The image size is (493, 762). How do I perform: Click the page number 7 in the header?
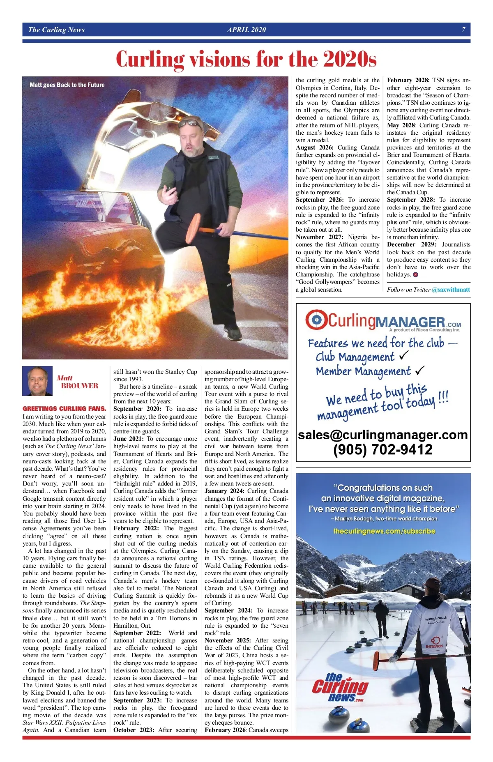[463, 30]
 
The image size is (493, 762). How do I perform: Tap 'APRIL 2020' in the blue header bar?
[246, 30]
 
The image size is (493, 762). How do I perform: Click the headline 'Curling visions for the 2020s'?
[246, 59]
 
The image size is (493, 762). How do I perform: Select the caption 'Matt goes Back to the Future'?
[67, 85]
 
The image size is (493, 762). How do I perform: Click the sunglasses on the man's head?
[190, 123]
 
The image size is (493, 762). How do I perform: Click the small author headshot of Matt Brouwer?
[37, 381]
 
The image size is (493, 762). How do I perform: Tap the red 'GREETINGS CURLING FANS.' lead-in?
[65, 409]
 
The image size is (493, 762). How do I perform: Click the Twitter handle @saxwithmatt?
[451, 290]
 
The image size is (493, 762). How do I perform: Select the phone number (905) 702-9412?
[383, 449]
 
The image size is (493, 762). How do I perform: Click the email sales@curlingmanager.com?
[383, 435]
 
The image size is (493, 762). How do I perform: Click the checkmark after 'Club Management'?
[403, 355]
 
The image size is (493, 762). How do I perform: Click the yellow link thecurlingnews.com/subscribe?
[384, 531]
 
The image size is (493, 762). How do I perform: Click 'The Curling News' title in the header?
[56, 30]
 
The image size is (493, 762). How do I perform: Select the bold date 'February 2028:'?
[408, 81]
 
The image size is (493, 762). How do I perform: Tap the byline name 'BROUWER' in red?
[80, 386]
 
